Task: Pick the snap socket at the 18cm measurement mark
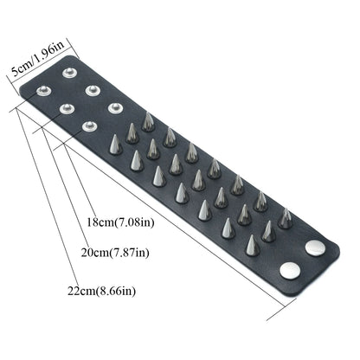pos(87,127)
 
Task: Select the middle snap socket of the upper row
pos(90,87)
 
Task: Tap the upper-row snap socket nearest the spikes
pos(113,108)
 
